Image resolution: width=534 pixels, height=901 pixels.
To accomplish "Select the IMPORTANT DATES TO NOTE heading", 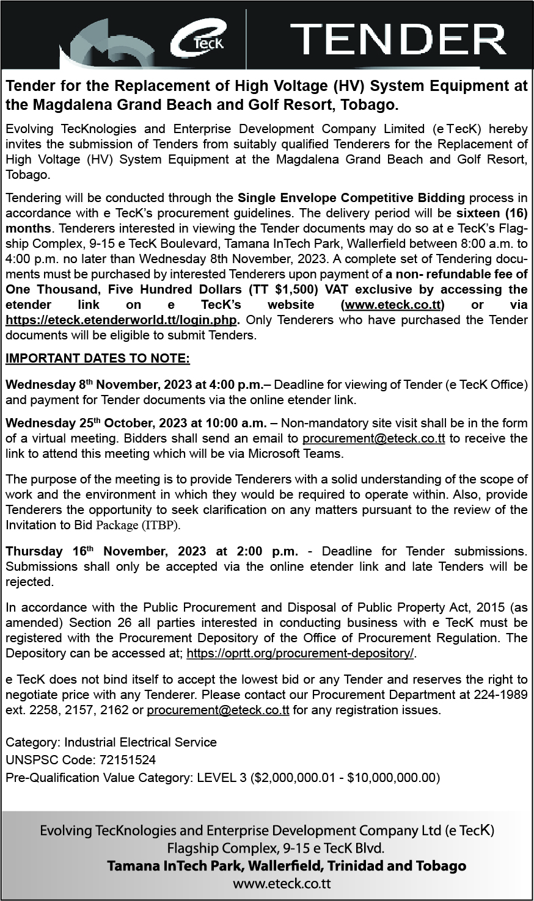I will coord(98,358).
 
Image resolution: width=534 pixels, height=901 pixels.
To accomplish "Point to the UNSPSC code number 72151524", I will coord(125,760).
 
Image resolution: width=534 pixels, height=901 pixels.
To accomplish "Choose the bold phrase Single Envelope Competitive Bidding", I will coord(351,199).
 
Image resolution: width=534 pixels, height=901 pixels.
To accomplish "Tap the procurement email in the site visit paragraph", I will coord(373,438).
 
